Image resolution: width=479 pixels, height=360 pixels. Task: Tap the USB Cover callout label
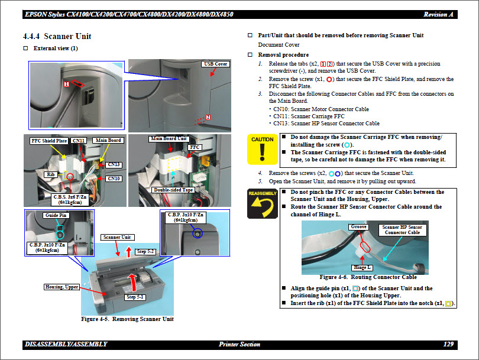[x=215, y=64]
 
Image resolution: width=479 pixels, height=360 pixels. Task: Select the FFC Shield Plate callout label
[x=49, y=141]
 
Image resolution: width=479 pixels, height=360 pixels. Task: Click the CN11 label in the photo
[x=79, y=141]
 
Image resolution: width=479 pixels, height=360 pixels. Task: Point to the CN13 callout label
[x=114, y=164]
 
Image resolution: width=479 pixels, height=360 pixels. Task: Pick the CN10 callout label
[x=114, y=179]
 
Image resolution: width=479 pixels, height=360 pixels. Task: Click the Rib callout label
[x=50, y=175]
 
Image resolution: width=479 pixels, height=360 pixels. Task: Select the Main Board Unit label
[x=169, y=138]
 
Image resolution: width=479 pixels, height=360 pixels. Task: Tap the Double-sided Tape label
[x=173, y=190]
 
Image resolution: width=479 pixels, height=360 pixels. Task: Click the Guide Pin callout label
[x=56, y=215]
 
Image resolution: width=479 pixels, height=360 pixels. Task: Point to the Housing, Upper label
[x=62, y=287]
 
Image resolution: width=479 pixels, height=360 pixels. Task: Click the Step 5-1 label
[x=135, y=297]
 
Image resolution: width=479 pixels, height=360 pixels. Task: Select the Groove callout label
[x=359, y=227]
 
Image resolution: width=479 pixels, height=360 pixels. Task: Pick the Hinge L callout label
[x=362, y=268]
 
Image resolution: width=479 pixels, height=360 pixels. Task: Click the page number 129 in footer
[x=448, y=344]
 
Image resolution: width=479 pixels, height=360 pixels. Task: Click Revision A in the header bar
[x=439, y=14]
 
